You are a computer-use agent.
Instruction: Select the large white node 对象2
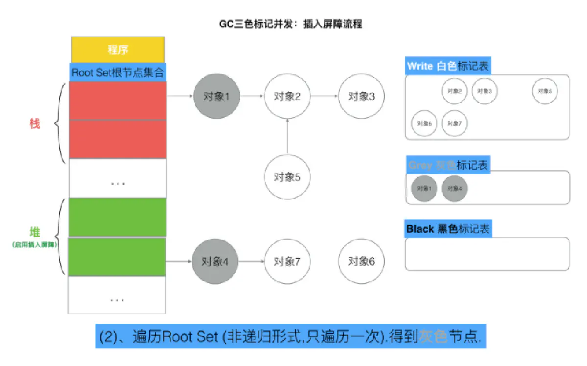click(287, 96)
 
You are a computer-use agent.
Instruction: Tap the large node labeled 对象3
click(361, 96)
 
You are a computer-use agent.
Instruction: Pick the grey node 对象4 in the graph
click(215, 261)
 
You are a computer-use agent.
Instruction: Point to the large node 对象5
click(287, 177)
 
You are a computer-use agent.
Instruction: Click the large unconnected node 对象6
click(361, 261)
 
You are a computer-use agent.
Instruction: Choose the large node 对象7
click(287, 261)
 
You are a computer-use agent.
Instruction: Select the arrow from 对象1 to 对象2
click(252, 96)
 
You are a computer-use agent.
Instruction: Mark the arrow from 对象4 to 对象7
click(251, 261)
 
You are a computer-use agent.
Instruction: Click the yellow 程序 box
click(118, 49)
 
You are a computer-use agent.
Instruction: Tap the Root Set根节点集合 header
click(118, 72)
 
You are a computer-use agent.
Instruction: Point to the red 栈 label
click(34, 124)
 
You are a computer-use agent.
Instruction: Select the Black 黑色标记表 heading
click(448, 229)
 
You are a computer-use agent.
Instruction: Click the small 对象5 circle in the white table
click(545, 91)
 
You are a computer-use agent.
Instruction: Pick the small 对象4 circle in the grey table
click(454, 188)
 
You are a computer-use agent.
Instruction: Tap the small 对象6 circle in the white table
click(424, 123)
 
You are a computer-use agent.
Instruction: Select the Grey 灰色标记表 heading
click(448, 165)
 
